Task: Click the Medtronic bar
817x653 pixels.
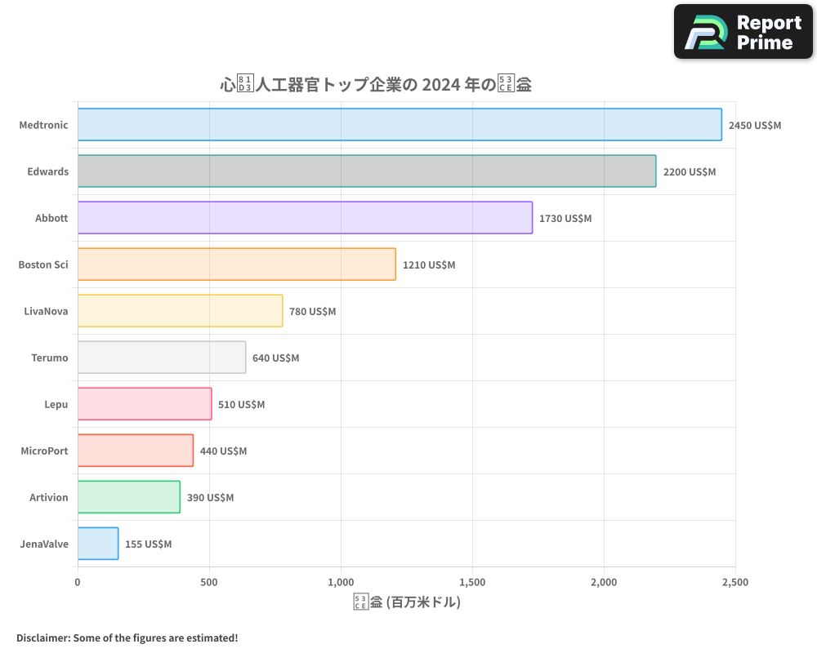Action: point(400,125)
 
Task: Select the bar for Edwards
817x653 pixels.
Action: point(367,171)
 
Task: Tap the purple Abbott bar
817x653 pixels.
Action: point(305,218)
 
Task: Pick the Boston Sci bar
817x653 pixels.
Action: point(237,264)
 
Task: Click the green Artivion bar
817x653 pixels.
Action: point(129,497)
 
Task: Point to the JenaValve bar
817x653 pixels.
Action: point(98,544)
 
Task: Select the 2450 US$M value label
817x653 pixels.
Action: point(755,125)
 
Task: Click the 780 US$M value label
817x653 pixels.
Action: point(312,311)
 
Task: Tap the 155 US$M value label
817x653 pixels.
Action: point(148,544)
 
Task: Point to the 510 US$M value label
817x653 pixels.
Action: point(241,404)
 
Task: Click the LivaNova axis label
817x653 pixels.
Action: point(47,311)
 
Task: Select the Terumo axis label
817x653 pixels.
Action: point(50,358)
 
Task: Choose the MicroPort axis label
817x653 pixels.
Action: point(44,451)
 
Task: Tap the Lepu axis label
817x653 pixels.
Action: point(56,404)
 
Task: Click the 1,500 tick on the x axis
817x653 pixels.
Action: point(472,582)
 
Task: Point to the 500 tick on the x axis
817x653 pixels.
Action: point(209,582)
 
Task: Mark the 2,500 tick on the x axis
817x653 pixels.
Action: point(735,582)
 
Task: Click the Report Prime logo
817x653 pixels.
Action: point(743,32)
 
